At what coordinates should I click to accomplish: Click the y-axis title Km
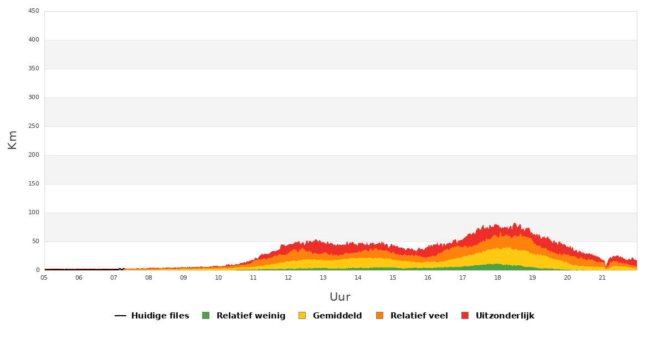coord(12,140)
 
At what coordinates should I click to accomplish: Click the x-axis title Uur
coord(340,297)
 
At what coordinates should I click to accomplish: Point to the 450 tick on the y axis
coord(34,11)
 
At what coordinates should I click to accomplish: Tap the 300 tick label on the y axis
coord(34,97)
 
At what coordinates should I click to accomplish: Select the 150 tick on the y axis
coord(34,184)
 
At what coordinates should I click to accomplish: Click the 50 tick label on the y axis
coord(35,241)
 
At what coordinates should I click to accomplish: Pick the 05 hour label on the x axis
coord(44,278)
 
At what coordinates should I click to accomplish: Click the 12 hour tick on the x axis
coord(288,278)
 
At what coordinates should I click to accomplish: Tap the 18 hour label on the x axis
coord(497,278)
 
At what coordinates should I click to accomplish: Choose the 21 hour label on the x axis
coord(602,278)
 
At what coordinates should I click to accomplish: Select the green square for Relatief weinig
coord(205,316)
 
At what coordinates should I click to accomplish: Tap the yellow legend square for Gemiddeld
coord(302,316)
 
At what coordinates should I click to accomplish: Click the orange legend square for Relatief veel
coord(379,316)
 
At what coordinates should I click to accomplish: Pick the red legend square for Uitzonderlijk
coord(465,316)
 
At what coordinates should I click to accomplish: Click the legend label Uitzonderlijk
coord(505,316)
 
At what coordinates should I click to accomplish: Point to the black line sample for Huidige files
coord(120,316)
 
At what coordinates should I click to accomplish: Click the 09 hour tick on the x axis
coord(183,278)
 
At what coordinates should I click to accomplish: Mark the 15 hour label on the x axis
coord(393,278)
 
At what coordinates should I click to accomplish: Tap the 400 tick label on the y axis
coord(34,40)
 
